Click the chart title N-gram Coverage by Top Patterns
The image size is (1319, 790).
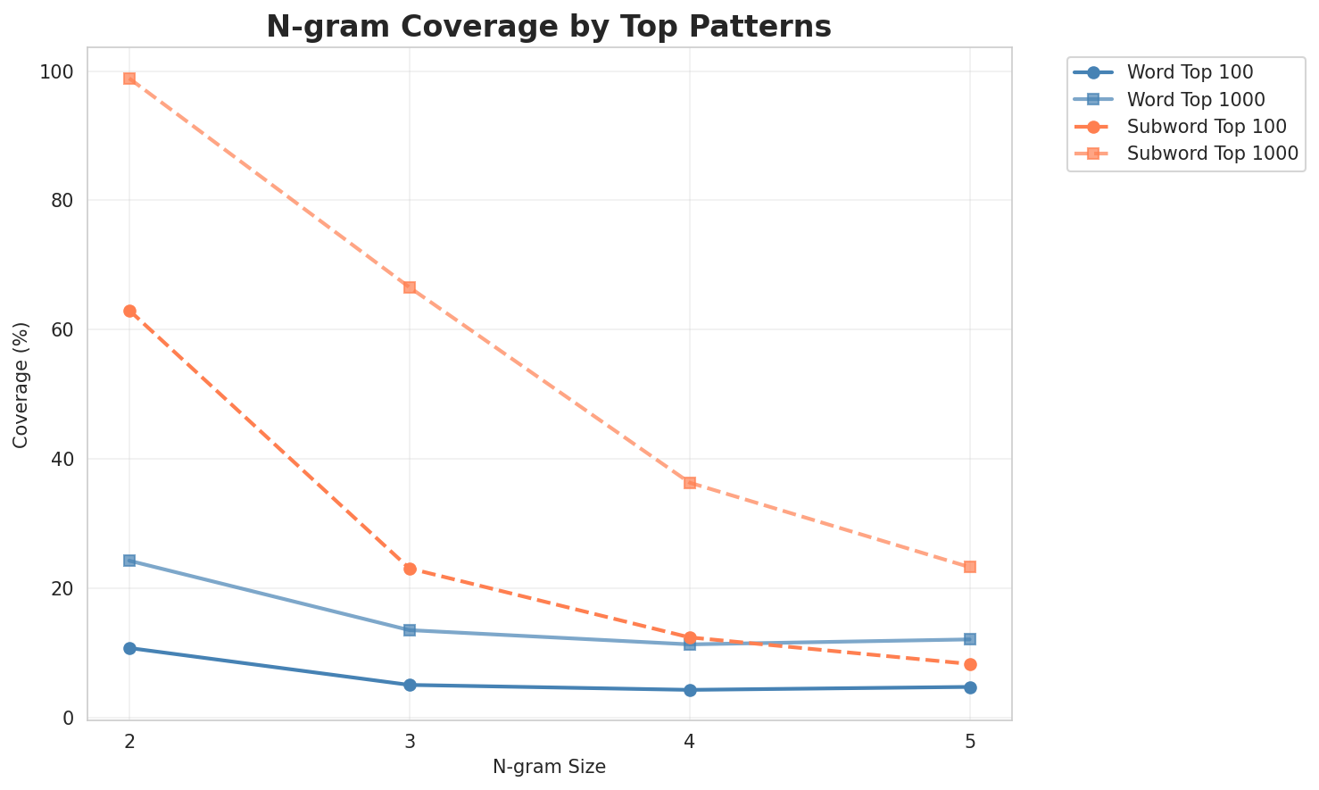point(549,27)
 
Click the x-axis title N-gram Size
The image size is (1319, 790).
point(549,767)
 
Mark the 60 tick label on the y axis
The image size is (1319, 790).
point(63,329)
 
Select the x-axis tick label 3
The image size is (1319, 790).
point(410,740)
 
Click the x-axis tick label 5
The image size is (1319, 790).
point(970,740)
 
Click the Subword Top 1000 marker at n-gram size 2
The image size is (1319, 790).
point(129,79)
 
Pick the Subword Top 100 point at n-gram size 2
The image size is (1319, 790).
point(129,311)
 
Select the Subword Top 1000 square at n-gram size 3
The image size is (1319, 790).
point(410,287)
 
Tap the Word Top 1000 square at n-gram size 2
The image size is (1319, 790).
point(129,561)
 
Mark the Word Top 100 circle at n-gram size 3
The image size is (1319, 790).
point(410,685)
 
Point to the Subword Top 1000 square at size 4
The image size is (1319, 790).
point(690,483)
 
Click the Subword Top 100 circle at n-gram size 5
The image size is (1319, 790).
point(970,664)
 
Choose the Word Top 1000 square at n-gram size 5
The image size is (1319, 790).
point(970,639)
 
